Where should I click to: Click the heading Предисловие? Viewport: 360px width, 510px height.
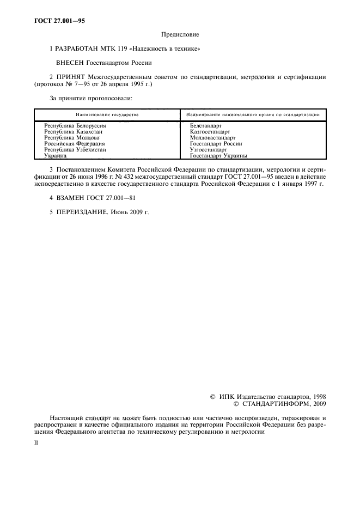tap(180, 35)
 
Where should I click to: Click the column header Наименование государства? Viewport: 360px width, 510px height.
tap(107, 115)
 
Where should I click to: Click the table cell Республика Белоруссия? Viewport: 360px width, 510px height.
tap(75, 126)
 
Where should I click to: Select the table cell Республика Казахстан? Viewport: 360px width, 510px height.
tap(73, 132)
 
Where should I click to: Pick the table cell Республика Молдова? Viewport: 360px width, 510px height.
tap(71, 138)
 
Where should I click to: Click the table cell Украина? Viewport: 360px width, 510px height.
tap(55, 155)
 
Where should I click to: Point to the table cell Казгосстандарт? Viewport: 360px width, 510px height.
tap(210, 132)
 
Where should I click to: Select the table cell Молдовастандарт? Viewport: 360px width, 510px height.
tap(213, 138)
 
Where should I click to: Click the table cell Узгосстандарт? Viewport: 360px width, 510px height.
tap(209, 149)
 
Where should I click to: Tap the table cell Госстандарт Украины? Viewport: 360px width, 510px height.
tap(218, 155)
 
